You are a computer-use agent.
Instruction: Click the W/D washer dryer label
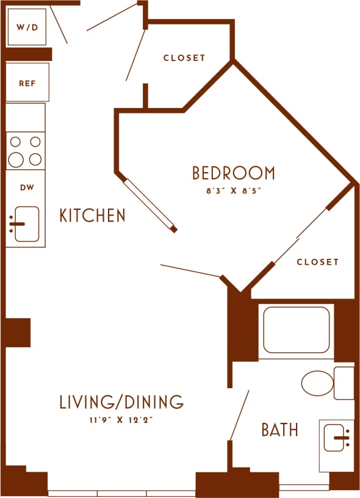(26, 27)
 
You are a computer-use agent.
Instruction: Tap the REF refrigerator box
(26, 82)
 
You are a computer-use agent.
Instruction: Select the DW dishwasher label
(26, 188)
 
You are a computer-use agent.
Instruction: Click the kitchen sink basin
(26, 223)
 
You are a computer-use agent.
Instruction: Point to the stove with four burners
(26, 151)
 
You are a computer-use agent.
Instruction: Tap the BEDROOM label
(233, 173)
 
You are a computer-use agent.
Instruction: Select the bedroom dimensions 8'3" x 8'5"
(233, 190)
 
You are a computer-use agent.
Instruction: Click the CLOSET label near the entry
(184, 58)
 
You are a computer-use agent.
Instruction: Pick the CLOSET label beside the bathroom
(317, 262)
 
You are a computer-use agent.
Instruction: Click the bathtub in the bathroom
(296, 330)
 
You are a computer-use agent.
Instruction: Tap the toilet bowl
(318, 383)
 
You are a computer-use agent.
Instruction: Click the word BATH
(279, 430)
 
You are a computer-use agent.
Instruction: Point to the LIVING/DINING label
(121, 402)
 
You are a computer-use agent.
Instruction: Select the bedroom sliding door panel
(150, 204)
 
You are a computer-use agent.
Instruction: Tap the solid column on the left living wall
(18, 332)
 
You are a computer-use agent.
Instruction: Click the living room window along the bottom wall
(122, 493)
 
